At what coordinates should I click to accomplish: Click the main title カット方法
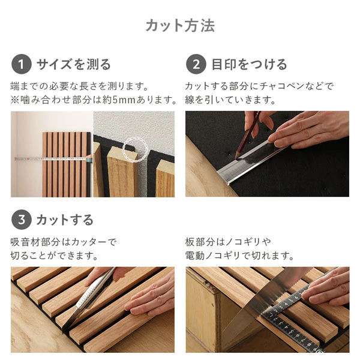[180, 26]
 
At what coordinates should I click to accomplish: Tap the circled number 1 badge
[21, 64]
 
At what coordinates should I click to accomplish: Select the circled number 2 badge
[196, 64]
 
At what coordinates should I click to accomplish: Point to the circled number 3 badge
[21, 220]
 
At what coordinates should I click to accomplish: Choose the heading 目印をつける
[249, 64]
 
